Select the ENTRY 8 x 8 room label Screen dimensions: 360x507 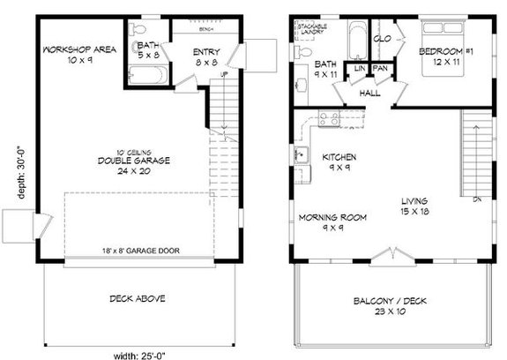pos(206,57)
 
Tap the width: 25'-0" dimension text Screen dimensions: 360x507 pos(141,354)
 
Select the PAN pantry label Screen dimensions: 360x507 pos(380,69)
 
